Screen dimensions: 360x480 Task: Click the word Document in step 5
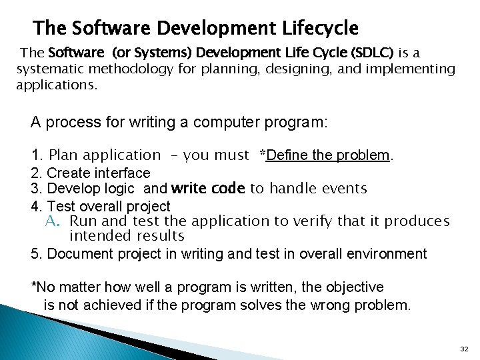point(78,254)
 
